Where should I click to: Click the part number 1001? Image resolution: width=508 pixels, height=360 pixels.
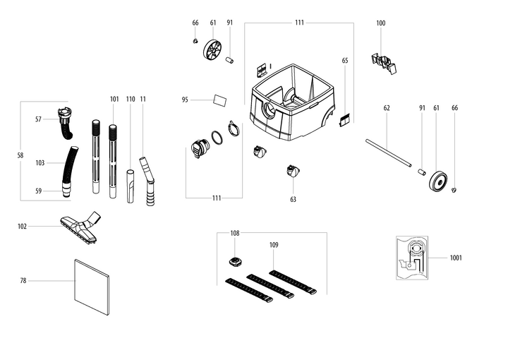coord(456,258)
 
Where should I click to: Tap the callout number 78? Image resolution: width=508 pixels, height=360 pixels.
coord(23,281)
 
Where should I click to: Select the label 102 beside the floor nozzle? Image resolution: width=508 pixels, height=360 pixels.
coord(23,227)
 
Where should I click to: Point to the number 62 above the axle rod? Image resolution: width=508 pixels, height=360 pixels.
coord(387,108)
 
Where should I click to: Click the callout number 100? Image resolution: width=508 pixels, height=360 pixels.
coord(381,23)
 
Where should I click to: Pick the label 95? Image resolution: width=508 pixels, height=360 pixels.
coord(185,100)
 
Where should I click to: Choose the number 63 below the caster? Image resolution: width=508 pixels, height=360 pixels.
coord(293,199)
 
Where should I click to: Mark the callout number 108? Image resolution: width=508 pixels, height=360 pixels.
coord(235,232)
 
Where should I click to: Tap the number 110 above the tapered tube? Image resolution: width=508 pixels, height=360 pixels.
coord(131,99)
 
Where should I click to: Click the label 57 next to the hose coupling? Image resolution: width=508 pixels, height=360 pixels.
coord(39,119)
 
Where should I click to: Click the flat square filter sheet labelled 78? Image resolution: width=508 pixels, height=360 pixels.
coord(92,286)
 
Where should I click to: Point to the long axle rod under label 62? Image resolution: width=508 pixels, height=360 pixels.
coord(387,152)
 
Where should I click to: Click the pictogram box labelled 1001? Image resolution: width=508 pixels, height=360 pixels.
coord(413,258)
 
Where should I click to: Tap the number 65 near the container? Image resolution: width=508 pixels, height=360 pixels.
coord(345,61)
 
